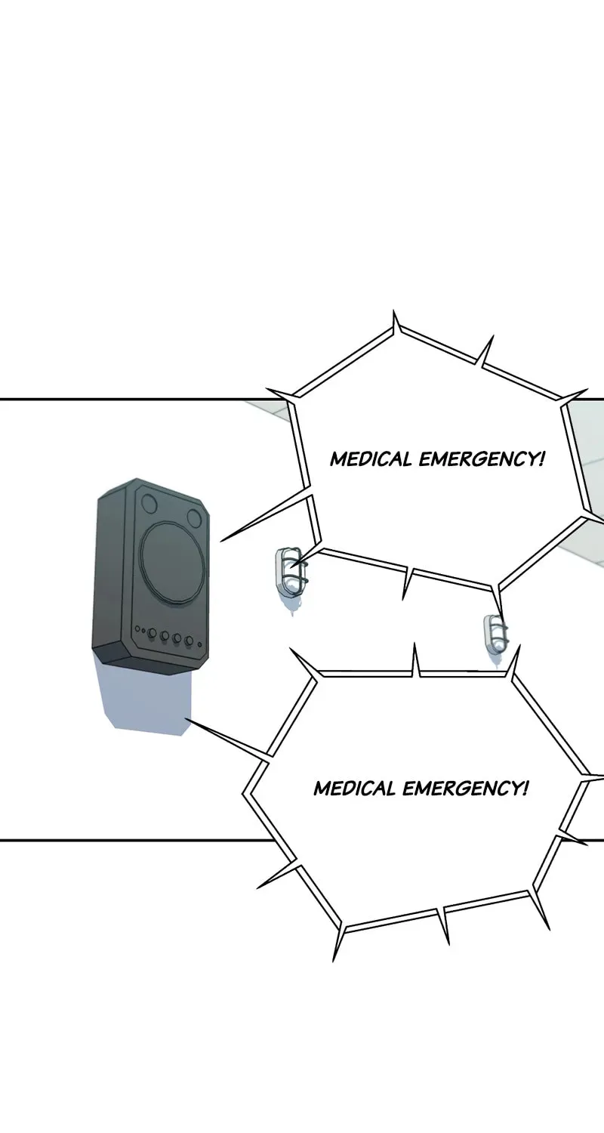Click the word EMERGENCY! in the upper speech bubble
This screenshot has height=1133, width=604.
[482, 459]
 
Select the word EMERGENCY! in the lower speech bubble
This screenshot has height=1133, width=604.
[466, 788]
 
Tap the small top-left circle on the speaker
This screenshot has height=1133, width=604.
[150, 503]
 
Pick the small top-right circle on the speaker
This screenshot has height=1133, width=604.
[195, 517]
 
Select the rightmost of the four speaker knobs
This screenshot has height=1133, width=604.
[189, 641]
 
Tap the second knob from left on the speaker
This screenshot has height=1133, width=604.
[165, 635]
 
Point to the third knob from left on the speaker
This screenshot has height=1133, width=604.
[177, 638]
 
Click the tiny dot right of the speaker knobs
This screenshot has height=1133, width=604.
[199, 644]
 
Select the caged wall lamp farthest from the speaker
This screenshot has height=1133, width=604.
[495, 634]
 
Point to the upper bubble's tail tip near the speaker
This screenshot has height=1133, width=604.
[221, 542]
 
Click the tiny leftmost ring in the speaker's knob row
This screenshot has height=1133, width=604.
[137, 629]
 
